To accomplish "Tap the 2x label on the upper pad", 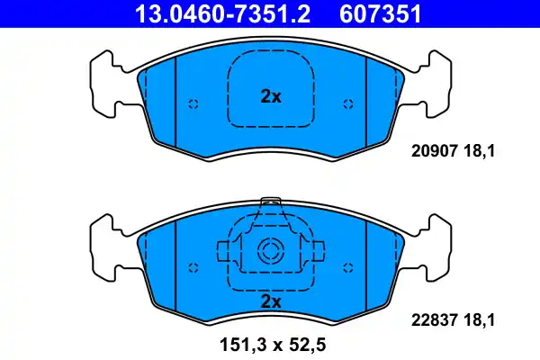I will point(270,96).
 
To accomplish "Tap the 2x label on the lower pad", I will point(270,299).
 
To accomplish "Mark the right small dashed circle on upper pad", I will point(347,103).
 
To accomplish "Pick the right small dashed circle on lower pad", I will point(347,267).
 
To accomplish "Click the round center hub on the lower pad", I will point(270,251).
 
